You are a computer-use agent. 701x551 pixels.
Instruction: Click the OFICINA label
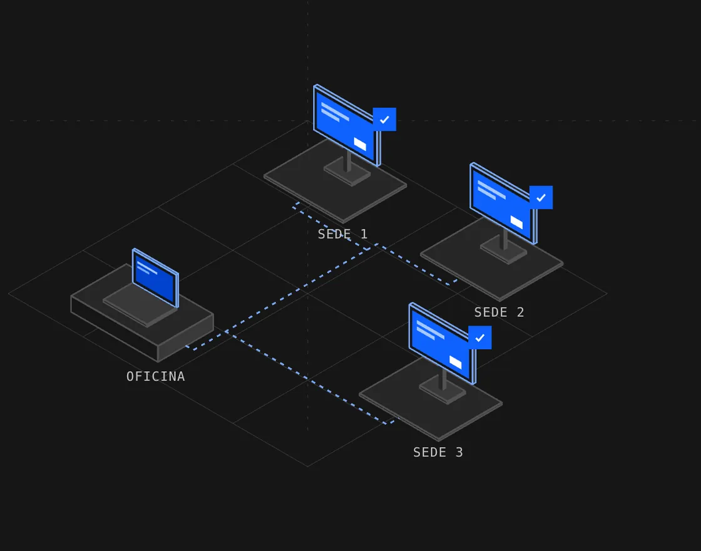tap(156, 376)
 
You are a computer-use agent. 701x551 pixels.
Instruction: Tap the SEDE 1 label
tap(342, 234)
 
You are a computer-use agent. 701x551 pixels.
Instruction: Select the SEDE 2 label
tap(499, 312)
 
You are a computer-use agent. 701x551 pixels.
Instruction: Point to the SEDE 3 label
tap(438, 452)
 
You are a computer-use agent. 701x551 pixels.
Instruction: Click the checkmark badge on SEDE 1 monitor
tap(384, 120)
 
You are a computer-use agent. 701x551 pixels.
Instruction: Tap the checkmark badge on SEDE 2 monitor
tap(541, 198)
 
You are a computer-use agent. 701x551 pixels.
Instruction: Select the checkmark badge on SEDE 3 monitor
tap(479, 337)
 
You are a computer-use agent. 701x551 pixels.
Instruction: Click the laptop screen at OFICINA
tap(155, 278)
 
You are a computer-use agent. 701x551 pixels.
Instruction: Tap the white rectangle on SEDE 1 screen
tap(360, 144)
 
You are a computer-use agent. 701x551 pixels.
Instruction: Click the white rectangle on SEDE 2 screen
tap(516, 222)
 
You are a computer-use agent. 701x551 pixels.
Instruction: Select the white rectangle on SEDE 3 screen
tap(455, 363)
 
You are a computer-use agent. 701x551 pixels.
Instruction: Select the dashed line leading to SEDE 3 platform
tap(309, 378)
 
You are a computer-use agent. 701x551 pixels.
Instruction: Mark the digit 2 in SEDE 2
tap(520, 312)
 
